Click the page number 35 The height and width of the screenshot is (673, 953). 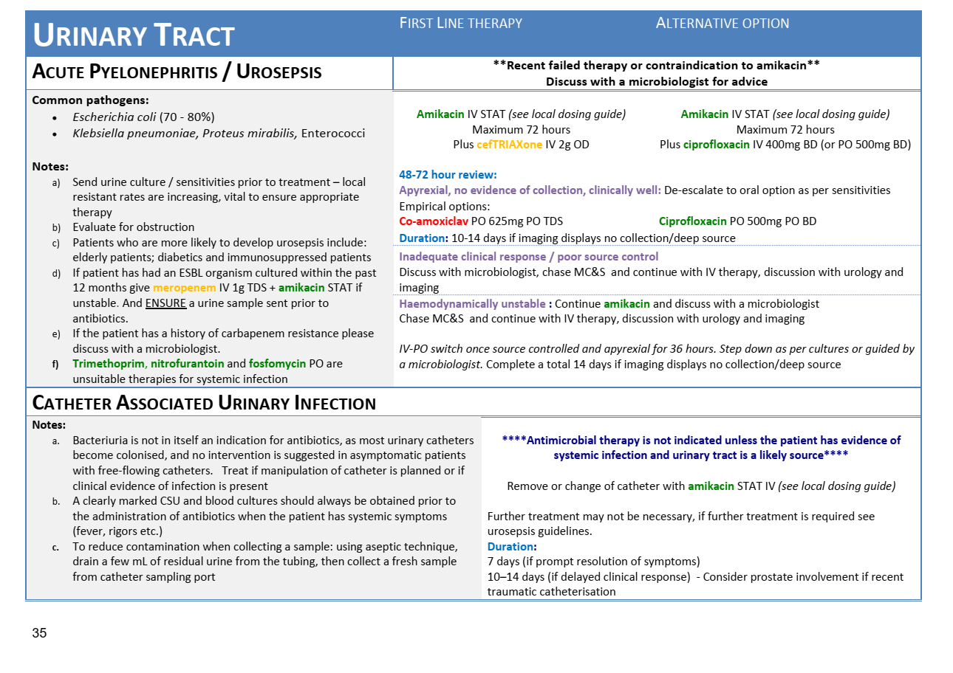[39, 633]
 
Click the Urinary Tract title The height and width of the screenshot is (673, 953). [134, 35]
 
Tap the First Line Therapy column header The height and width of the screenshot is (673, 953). [461, 24]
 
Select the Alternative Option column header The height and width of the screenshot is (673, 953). [722, 24]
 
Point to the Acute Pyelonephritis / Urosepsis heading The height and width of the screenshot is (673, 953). [177, 72]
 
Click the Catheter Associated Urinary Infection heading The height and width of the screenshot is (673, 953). [204, 403]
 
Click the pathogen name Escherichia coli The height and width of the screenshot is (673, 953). [114, 117]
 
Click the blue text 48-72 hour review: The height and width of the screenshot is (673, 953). [448, 175]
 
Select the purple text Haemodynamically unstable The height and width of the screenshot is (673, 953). [472, 304]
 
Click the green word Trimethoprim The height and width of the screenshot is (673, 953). [108, 364]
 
